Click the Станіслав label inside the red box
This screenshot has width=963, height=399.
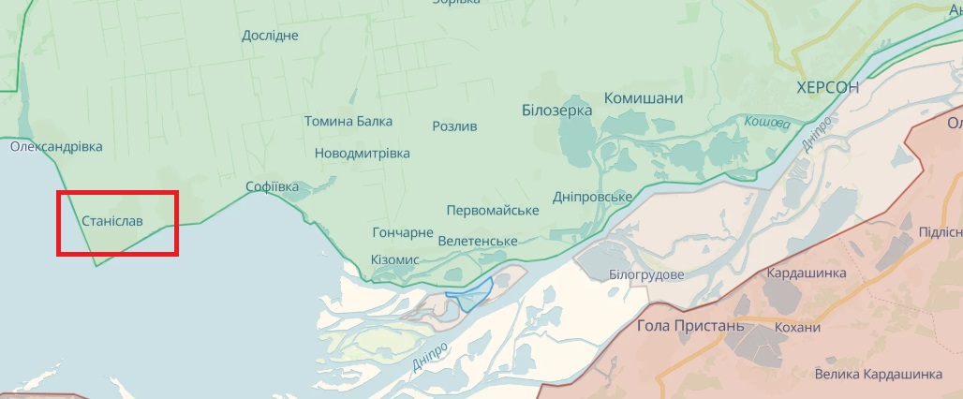[x=113, y=222]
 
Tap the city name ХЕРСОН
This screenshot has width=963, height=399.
[x=827, y=87]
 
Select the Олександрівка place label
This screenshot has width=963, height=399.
[x=56, y=147]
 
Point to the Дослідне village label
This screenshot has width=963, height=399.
[x=270, y=36]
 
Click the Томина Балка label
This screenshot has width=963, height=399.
[x=348, y=122]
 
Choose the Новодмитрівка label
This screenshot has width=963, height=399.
[x=362, y=153]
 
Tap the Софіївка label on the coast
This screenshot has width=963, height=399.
[x=272, y=186]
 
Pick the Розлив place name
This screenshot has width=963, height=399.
[x=454, y=126]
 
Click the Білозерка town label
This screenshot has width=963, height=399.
[x=556, y=111]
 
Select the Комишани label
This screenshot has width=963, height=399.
[x=644, y=98]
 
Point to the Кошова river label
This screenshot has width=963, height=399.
[x=767, y=123]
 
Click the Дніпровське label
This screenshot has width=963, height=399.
[x=592, y=196]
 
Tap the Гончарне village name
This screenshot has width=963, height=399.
[x=403, y=232]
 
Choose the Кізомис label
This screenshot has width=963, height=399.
[x=394, y=259]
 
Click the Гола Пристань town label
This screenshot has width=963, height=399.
[x=689, y=326]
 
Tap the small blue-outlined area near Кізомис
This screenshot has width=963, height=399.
[x=471, y=295]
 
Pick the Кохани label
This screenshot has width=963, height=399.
[x=797, y=327]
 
